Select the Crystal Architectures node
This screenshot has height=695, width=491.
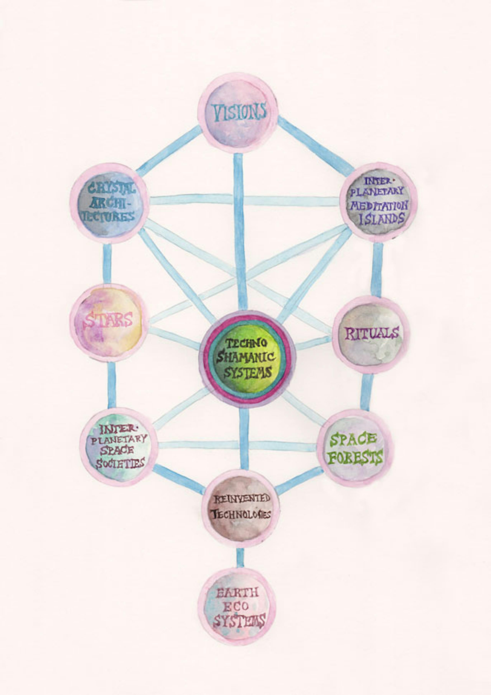tap(110, 203)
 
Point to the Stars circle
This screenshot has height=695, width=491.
tap(109, 323)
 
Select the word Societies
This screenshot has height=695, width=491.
tap(120, 464)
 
